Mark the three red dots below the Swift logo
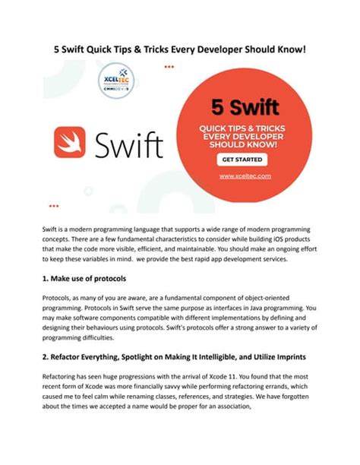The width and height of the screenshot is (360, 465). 53,205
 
